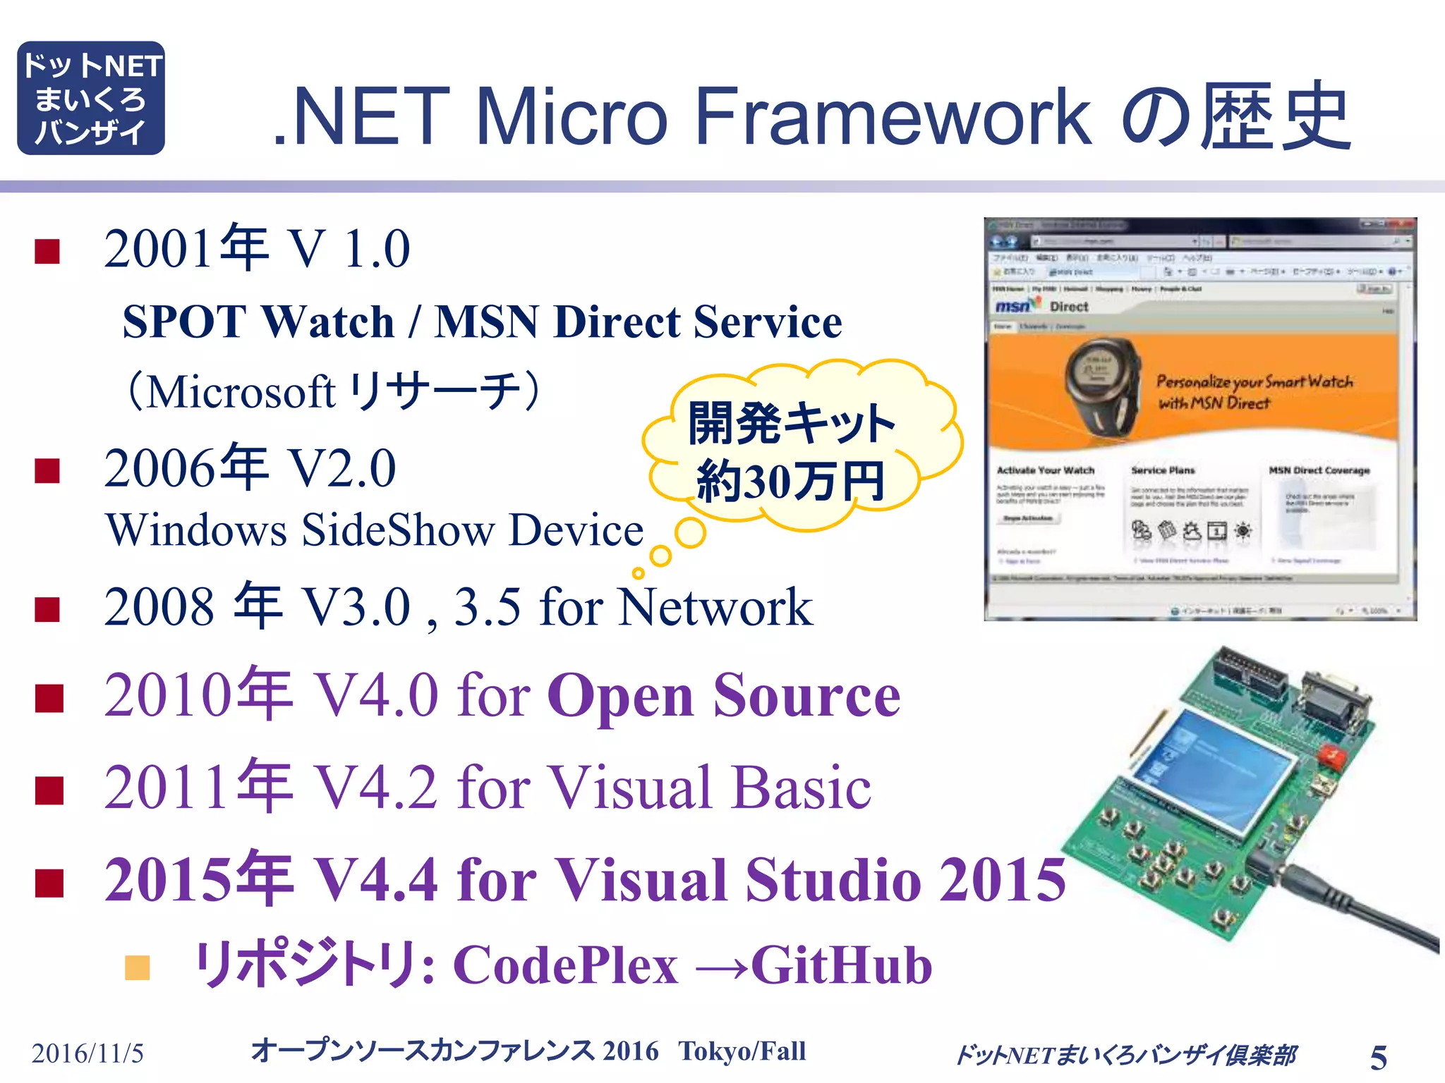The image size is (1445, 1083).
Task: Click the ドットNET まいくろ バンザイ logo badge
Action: click(91, 98)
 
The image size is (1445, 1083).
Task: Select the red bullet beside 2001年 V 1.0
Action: click(47, 251)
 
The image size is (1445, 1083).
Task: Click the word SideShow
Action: click(397, 530)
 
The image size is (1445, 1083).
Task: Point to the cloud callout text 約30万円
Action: click(790, 482)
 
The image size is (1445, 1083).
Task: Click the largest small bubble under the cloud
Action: click(689, 534)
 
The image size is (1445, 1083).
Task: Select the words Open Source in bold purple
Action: click(723, 696)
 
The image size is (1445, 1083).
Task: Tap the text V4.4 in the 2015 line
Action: click(375, 880)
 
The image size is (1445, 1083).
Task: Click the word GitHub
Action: click(841, 965)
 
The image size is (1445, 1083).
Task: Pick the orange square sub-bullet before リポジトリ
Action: click(138, 968)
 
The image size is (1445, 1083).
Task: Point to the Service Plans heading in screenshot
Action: click(1163, 470)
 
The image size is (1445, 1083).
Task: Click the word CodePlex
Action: click(565, 965)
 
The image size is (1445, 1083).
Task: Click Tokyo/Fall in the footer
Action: click(742, 1051)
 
